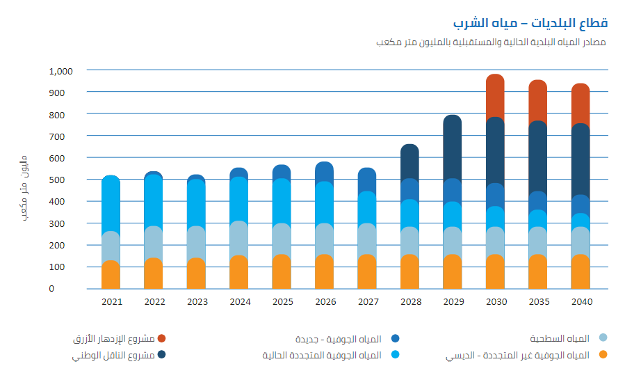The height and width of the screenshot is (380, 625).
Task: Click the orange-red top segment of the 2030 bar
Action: pyautogui.click(x=495, y=95)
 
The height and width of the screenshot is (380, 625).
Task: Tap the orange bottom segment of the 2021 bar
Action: pyautogui.click(x=111, y=275)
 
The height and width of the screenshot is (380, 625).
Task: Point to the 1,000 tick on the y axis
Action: pyautogui.click(x=61, y=70)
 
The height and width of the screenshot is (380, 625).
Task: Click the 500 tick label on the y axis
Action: pyautogui.click(x=61, y=180)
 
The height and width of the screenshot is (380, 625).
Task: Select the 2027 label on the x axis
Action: pyautogui.click(x=367, y=302)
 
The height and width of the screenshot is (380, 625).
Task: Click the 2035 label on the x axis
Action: pyautogui.click(x=537, y=302)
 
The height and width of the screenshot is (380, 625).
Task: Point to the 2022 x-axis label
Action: pyautogui.click(x=154, y=302)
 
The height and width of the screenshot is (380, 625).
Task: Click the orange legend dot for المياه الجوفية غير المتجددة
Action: pyautogui.click(x=603, y=355)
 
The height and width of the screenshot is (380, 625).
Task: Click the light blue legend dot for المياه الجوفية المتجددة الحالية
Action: pyautogui.click(x=395, y=355)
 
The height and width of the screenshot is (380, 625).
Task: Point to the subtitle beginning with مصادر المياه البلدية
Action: pyautogui.click(x=490, y=42)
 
